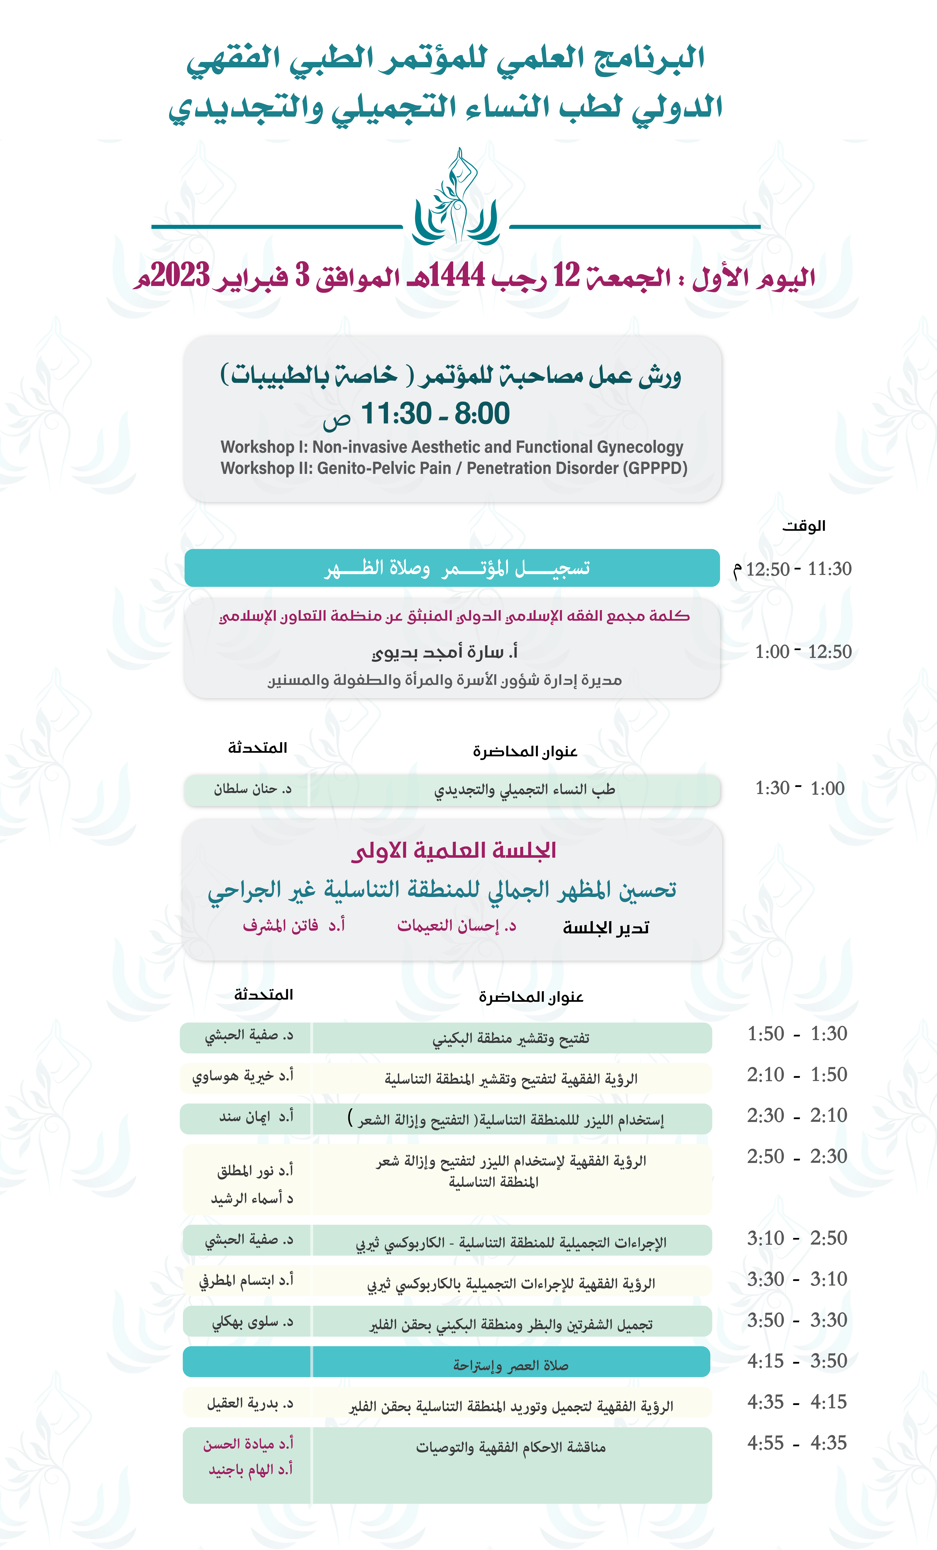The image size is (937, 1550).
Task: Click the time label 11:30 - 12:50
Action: (x=798, y=569)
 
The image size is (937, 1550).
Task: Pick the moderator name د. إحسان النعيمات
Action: (x=456, y=926)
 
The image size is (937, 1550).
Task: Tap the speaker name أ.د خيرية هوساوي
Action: (x=243, y=1076)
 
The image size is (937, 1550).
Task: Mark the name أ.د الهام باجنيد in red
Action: (x=250, y=1469)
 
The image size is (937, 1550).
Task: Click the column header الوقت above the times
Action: (x=804, y=526)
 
